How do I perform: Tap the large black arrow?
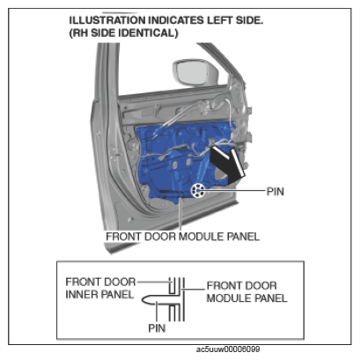click(x=228, y=165)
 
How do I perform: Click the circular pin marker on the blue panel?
click(x=198, y=191)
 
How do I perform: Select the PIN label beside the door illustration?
click(x=276, y=192)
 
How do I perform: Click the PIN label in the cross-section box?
click(x=157, y=328)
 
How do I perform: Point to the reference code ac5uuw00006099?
click(x=228, y=349)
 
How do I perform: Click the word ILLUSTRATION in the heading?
click(x=107, y=20)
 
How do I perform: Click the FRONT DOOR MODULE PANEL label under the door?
click(x=182, y=237)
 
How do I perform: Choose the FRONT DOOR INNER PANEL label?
click(x=100, y=288)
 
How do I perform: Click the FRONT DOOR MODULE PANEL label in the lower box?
click(x=247, y=291)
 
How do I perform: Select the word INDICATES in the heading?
click(x=176, y=20)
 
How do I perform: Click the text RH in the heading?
click(x=79, y=33)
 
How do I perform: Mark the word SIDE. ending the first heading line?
click(x=249, y=20)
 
